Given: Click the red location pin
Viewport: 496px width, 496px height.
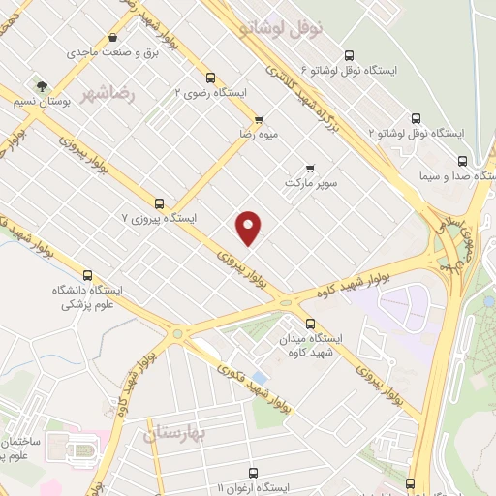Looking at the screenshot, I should (249, 227).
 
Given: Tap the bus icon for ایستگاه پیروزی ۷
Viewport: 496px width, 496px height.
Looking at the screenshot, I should (160, 203).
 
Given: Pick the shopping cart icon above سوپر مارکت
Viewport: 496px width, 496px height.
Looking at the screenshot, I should (310, 167).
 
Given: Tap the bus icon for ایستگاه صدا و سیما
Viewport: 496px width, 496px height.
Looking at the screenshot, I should (461, 161).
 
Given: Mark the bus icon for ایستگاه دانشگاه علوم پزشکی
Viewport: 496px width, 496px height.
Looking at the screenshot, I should (88, 275).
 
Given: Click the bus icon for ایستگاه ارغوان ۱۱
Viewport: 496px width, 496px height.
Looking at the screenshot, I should (410, 482).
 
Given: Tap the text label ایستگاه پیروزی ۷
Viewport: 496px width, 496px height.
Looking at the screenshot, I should (161, 219).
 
